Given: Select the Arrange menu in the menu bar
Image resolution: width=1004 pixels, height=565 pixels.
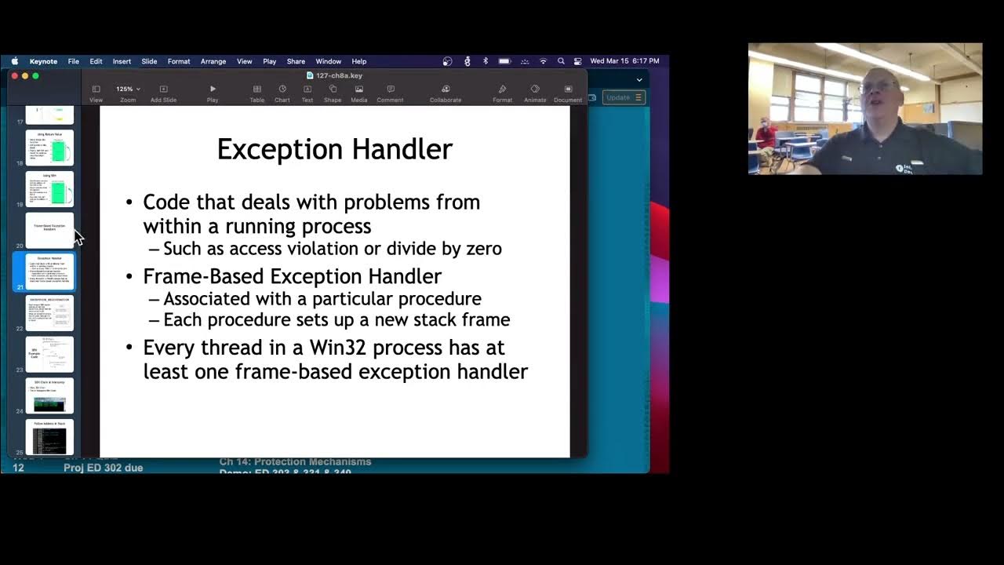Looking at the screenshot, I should (x=213, y=61).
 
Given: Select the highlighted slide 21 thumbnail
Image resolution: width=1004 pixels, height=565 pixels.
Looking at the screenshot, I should (x=49, y=271).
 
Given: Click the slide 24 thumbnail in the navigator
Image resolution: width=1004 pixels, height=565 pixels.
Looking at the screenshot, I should (x=49, y=395).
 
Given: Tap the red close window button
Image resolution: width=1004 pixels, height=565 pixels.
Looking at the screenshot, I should (x=15, y=75).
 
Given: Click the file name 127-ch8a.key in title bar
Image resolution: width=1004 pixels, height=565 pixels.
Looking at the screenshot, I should (x=338, y=75).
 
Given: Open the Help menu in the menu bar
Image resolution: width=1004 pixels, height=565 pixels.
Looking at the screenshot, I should (x=358, y=61).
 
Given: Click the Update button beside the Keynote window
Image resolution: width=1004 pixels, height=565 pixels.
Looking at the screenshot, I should (x=624, y=97).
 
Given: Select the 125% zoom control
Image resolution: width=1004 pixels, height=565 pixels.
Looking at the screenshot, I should (x=127, y=89).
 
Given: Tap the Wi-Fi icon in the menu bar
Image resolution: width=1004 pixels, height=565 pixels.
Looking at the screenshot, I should (x=543, y=61).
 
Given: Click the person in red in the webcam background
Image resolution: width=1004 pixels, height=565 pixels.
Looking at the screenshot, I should (x=764, y=138).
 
